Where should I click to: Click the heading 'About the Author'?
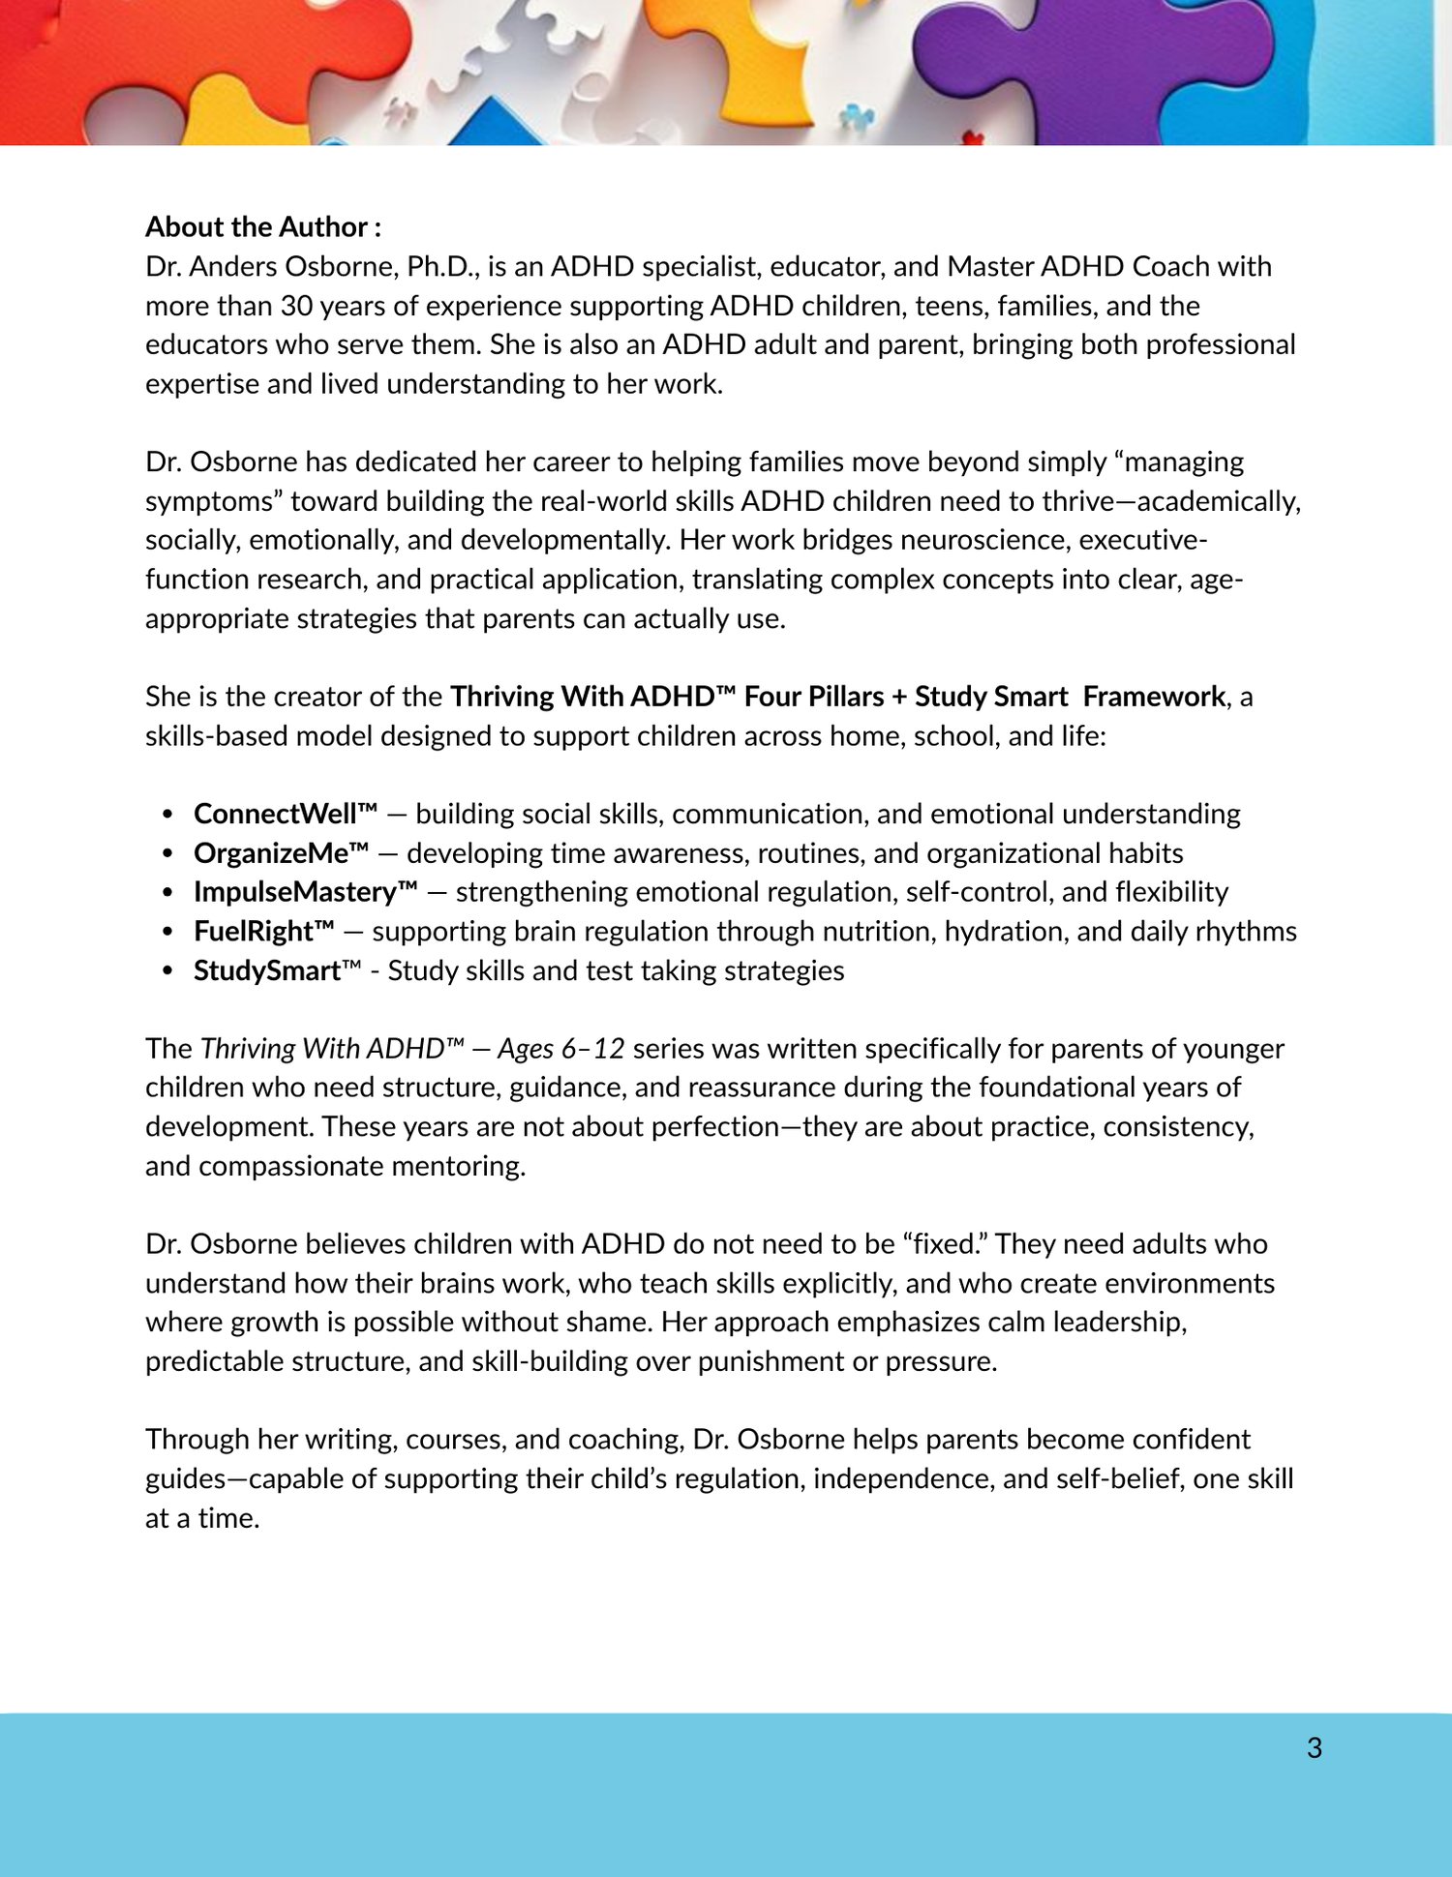pyautogui.click(x=257, y=227)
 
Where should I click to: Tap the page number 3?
pyautogui.click(x=1314, y=1747)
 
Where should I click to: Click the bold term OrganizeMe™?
pyautogui.click(x=281, y=853)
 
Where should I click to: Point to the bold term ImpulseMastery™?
pyautogui.click(x=305, y=892)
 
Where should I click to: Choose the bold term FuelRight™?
pyautogui.click(x=263, y=932)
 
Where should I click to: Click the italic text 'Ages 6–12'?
pyautogui.click(x=560, y=1049)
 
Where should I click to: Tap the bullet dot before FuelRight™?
pyautogui.click(x=168, y=932)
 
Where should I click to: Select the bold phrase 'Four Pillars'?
pyautogui.click(x=814, y=697)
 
